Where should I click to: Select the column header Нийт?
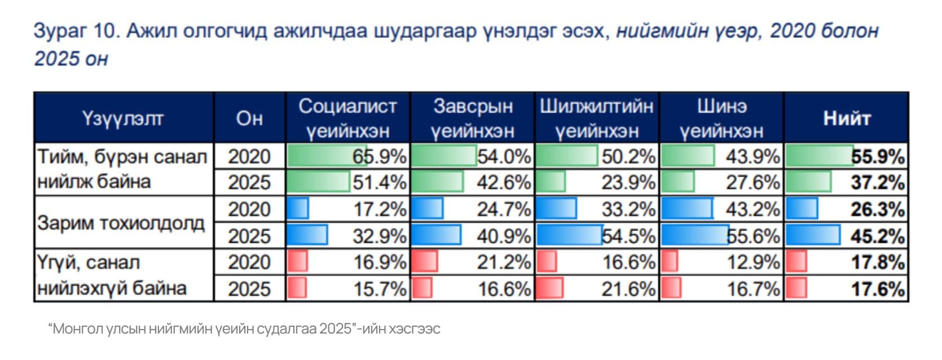click(x=846, y=118)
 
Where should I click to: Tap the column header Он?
click(x=249, y=118)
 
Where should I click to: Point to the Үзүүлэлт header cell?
click(x=124, y=118)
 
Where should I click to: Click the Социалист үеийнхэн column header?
click(x=348, y=118)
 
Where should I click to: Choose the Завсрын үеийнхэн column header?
click(x=473, y=118)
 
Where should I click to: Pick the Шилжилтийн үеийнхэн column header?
click(x=597, y=118)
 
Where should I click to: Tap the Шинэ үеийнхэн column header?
click(x=721, y=118)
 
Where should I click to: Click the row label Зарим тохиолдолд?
click(x=121, y=222)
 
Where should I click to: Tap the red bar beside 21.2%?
click(x=425, y=262)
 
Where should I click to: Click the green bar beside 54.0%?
click(x=444, y=156)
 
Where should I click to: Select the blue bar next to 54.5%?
click(x=570, y=235)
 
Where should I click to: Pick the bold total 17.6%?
click(x=877, y=288)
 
